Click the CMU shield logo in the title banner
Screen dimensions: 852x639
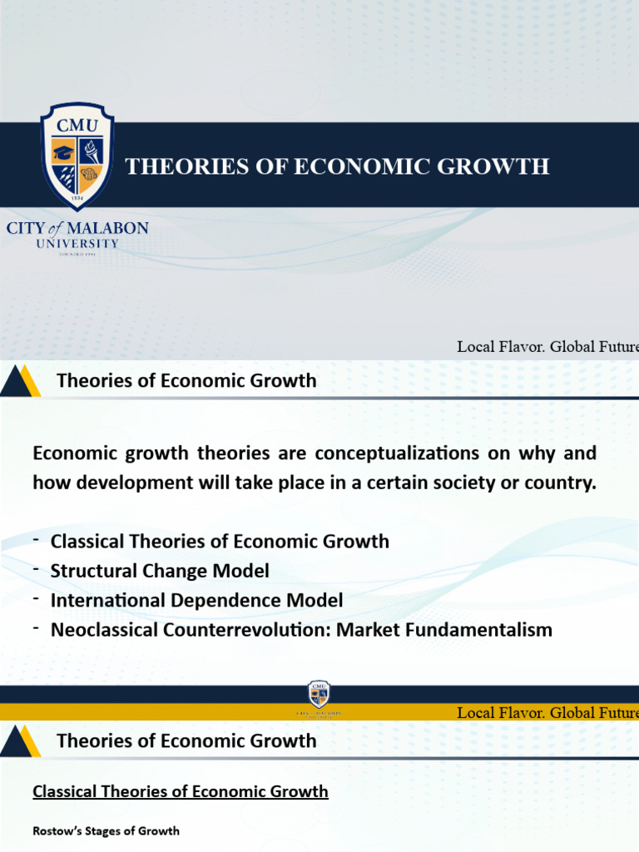(77, 156)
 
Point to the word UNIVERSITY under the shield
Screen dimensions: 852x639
(77, 244)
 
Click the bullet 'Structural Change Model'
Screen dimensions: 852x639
(160, 571)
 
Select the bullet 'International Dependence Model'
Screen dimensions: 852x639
(196, 600)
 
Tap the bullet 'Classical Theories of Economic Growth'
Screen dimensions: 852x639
(220, 541)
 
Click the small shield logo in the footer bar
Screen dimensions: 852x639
(319, 694)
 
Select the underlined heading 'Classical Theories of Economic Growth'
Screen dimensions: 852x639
(181, 791)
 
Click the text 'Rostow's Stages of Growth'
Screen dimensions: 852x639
(106, 830)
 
